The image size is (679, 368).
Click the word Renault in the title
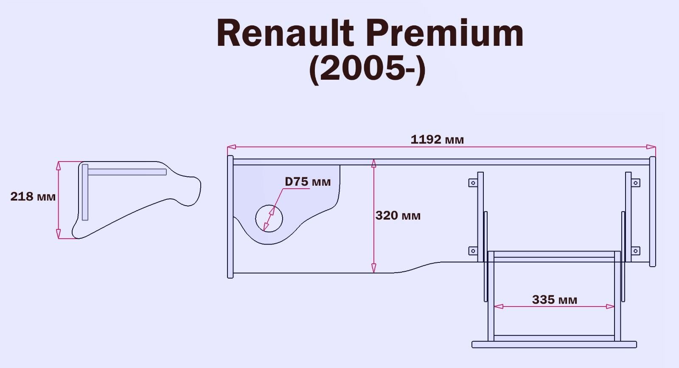[285, 34]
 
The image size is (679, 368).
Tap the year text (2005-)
[367, 70]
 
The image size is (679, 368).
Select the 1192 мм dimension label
[437, 139]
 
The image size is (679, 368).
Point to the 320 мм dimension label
[398, 216]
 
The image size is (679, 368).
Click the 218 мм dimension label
[33, 197]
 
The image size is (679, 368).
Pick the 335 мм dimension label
[554, 300]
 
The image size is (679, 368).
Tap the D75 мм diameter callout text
[308, 182]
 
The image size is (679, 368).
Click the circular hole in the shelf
[269, 219]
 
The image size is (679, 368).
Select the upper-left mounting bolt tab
[473, 183]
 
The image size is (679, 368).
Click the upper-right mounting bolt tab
[635, 183]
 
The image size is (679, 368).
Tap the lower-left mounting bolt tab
[473, 251]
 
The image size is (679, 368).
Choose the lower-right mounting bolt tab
[635, 251]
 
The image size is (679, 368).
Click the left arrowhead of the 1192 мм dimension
[231, 147]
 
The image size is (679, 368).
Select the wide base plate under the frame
[554, 345]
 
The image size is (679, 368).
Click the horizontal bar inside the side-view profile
[127, 172]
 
